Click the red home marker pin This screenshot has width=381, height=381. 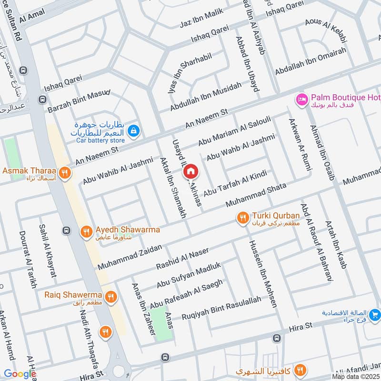(190, 171)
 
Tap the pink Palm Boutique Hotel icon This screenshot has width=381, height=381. (301, 99)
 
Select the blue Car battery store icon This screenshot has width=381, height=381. (134, 130)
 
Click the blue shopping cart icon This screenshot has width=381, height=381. (375, 315)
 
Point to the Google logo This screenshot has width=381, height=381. (20, 374)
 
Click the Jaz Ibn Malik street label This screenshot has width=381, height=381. (201, 20)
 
